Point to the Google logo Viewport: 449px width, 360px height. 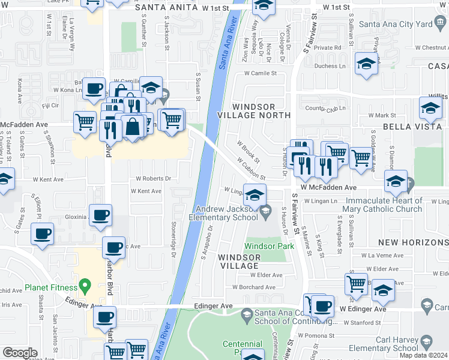pyautogui.click(x=20, y=352)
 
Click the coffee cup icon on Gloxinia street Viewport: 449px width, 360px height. pyautogui.click(x=100, y=215)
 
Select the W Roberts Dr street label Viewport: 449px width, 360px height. pyautogui.click(x=153, y=178)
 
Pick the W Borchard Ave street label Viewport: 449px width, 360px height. pyautogui.click(x=253, y=287)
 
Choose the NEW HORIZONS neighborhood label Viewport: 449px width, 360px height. pyautogui.click(x=413, y=242)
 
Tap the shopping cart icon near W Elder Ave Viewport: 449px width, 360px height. pyautogui.click(x=357, y=283)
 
